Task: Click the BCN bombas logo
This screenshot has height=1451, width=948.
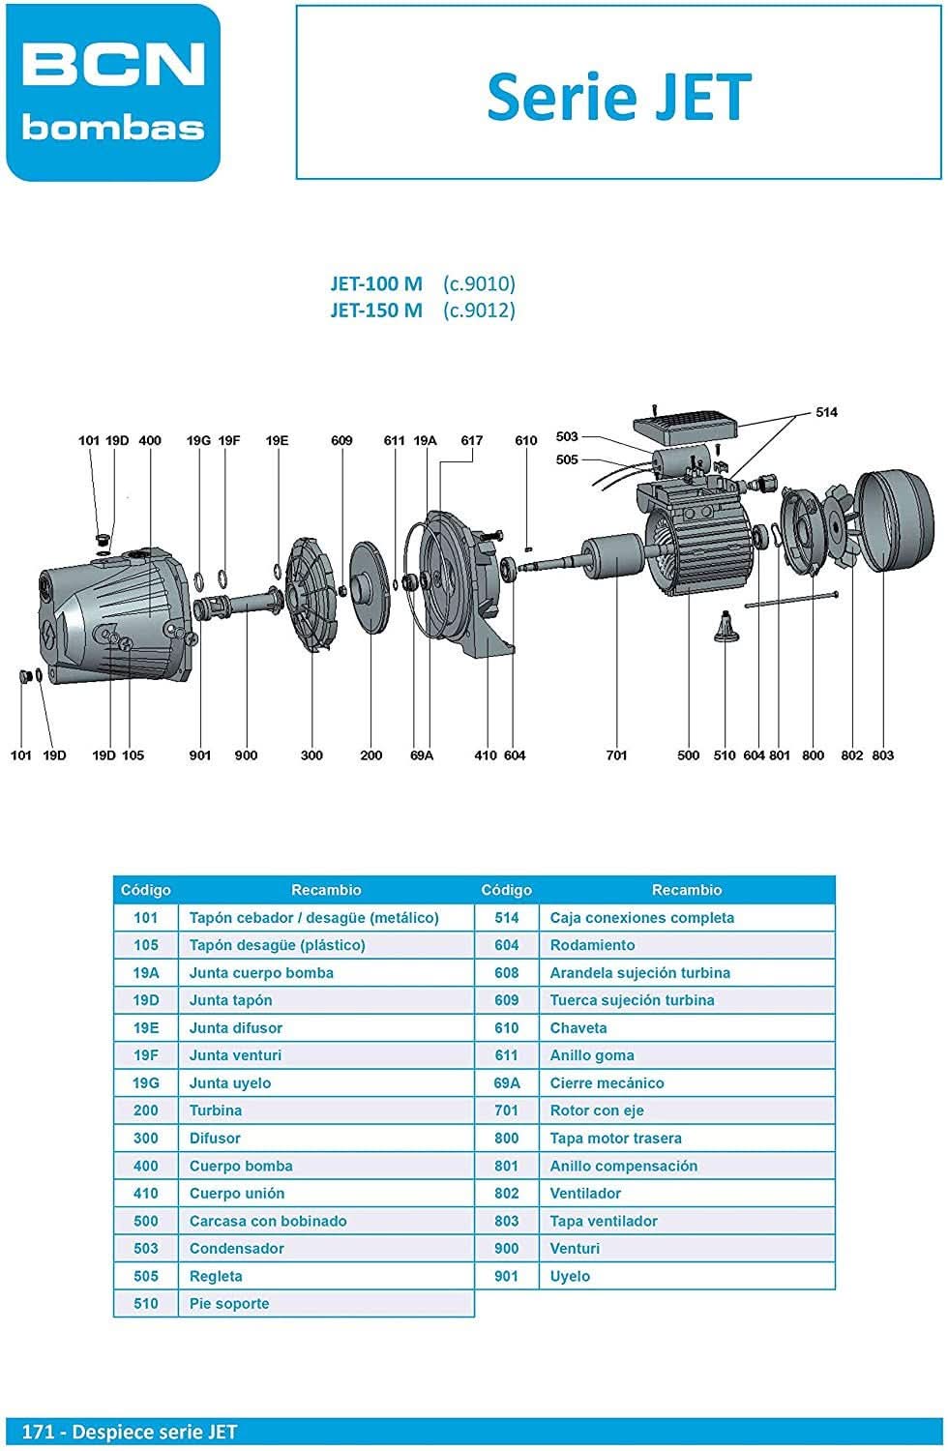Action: (x=113, y=93)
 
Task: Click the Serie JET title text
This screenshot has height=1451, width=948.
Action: (x=618, y=97)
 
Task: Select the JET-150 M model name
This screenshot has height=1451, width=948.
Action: (x=376, y=311)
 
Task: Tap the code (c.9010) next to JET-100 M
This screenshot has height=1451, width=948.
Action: (x=479, y=283)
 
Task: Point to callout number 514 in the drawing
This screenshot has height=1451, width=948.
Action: (x=826, y=413)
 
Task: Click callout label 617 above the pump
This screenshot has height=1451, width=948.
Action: (x=471, y=441)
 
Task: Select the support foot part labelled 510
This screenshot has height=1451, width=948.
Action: (x=725, y=629)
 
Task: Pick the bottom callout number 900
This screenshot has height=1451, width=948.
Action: (x=246, y=755)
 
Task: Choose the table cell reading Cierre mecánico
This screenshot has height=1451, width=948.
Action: (x=607, y=1083)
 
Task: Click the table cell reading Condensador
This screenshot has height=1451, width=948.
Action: (x=236, y=1249)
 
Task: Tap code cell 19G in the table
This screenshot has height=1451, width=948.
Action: (x=146, y=1083)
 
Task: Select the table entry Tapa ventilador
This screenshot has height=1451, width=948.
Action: (x=604, y=1222)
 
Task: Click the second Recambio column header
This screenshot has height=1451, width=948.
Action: (x=686, y=890)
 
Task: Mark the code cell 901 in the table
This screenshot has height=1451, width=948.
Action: (x=506, y=1277)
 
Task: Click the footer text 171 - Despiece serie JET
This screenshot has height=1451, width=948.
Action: (x=130, y=1433)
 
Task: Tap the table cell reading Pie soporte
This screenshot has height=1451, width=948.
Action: (x=229, y=1304)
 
